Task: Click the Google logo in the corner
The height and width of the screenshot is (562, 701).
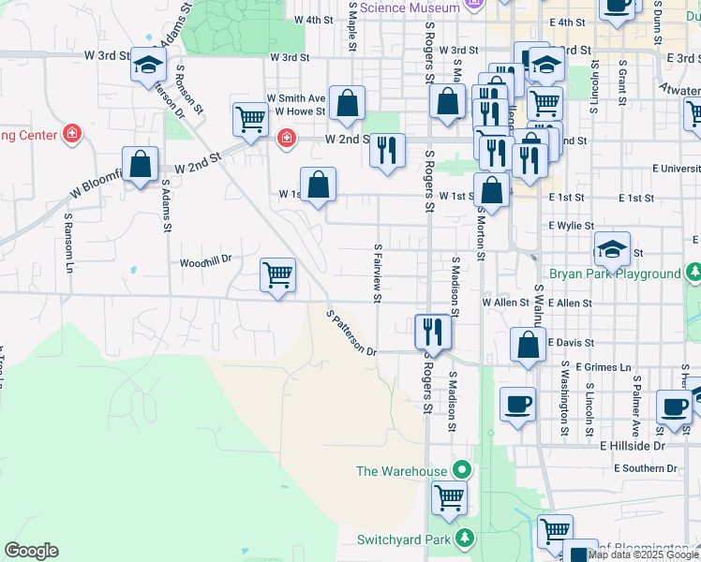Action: (x=31, y=551)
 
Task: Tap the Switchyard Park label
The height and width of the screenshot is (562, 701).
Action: (x=405, y=539)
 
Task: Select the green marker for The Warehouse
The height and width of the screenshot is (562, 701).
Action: (x=461, y=470)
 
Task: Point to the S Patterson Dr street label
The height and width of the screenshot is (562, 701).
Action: (x=351, y=333)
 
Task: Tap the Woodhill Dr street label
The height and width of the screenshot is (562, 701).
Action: (x=205, y=263)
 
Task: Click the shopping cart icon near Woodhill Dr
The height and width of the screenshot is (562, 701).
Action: (x=278, y=275)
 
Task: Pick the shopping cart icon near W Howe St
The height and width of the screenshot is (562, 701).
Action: (x=250, y=119)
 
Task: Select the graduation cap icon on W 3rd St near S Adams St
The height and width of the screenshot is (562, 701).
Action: (x=148, y=65)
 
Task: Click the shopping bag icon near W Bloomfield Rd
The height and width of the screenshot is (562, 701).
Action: (x=140, y=165)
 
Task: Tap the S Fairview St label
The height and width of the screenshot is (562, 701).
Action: (x=378, y=276)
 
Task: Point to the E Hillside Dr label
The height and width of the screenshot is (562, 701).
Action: (x=632, y=446)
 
